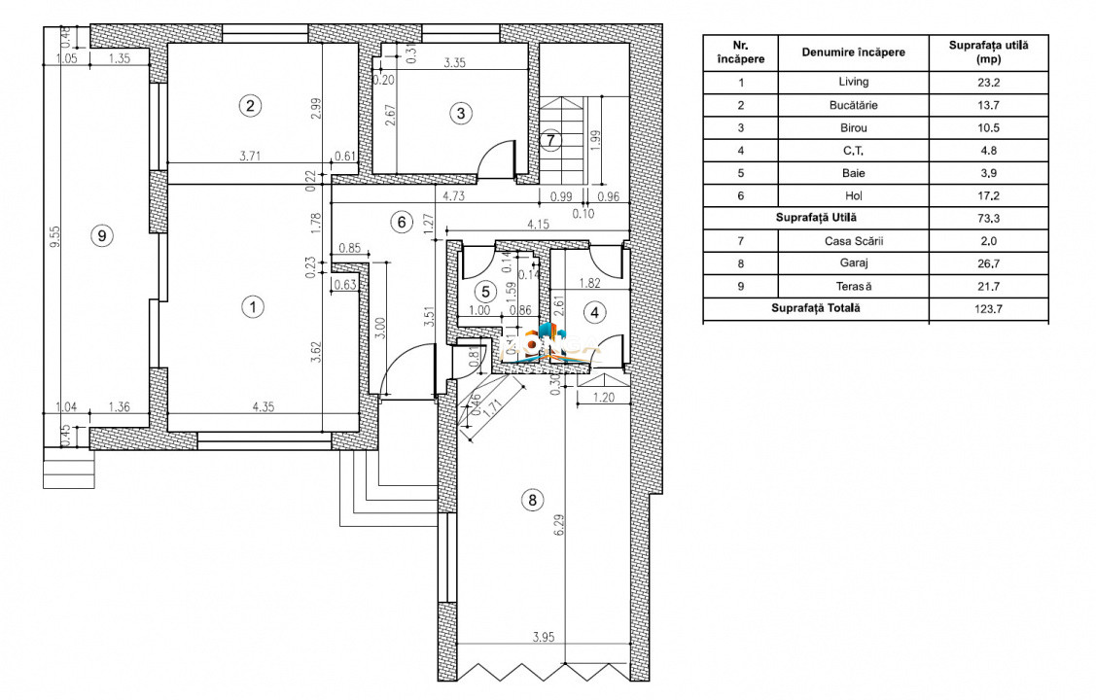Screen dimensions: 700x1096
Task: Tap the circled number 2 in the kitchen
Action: pos(251,106)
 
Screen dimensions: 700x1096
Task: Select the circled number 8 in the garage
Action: pos(531,501)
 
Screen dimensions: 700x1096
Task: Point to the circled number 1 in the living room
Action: pos(253,307)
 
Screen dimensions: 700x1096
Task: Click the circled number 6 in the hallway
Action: pos(401,222)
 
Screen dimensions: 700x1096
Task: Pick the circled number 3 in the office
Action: pos(461,114)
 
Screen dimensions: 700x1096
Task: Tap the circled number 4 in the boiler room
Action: pos(595,312)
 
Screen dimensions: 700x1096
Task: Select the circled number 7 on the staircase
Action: pos(550,140)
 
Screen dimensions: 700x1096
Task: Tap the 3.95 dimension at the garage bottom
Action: pos(545,638)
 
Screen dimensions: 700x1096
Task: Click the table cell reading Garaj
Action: pos(853,263)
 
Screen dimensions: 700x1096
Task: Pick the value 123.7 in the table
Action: pos(988,309)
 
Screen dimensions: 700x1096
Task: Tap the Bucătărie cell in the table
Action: pos(853,105)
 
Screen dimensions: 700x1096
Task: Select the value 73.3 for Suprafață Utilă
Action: pos(988,219)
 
